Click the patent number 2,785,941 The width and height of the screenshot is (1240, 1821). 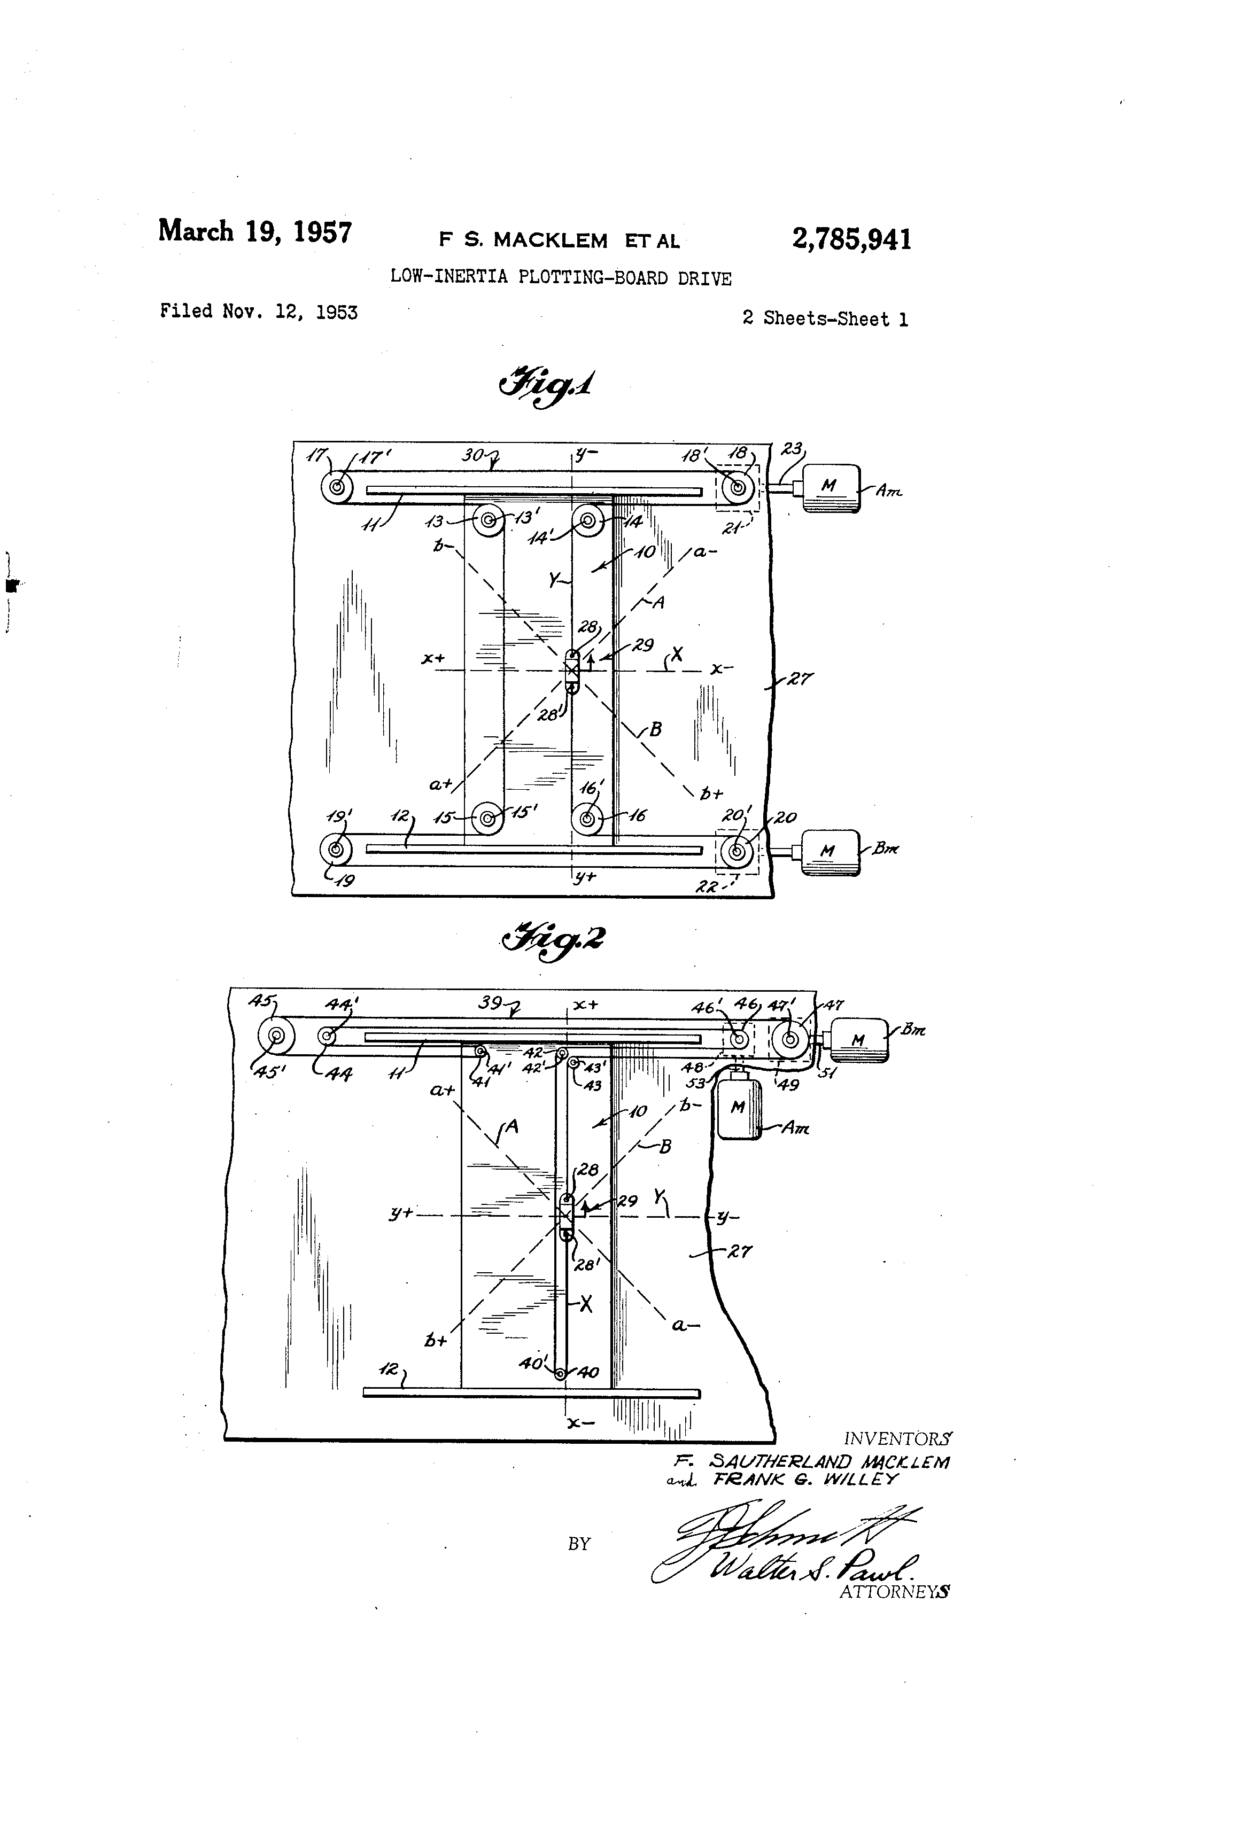tap(851, 239)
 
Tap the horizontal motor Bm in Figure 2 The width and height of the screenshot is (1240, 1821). tap(858, 1040)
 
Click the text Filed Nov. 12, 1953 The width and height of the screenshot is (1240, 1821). tap(259, 312)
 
